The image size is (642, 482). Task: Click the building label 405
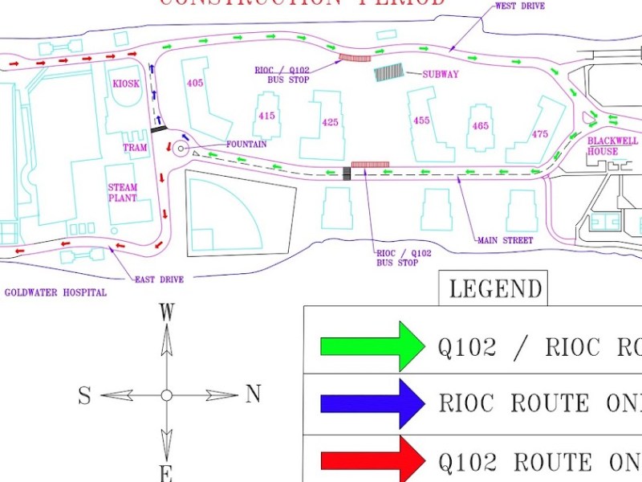click(195, 84)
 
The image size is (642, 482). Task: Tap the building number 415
click(267, 116)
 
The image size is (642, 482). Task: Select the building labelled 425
click(330, 122)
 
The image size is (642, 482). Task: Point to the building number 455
click(422, 120)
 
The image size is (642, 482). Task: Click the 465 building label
click(480, 126)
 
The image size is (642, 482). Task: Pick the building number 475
click(540, 134)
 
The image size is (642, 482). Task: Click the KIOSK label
click(125, 84)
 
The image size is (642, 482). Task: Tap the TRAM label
click(135, 148)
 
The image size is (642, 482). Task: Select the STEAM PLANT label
click(123, 193)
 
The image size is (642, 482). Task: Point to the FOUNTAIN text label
click(246, 145)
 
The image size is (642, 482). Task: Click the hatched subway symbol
click(389, 73)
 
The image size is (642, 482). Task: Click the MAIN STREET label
click(505, 240)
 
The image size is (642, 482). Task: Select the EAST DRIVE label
click(159, 280)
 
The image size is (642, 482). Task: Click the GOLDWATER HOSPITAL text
click(55, 293)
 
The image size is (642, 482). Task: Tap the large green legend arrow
click(372, 346)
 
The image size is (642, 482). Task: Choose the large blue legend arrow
click(372, 403)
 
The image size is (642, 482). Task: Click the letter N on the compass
click(254, 394)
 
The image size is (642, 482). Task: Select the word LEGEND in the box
click(495, 288)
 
